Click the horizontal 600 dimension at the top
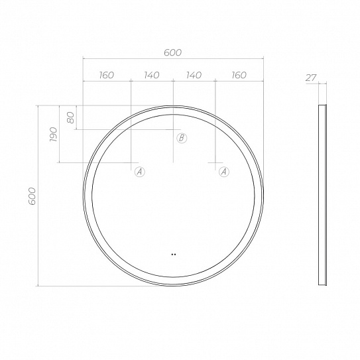[x=172, y=52]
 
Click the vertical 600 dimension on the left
[x=32, y=196]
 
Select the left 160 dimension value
[x=107, y=75]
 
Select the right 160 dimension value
[x=239, y=75]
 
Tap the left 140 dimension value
[x=152, y=75]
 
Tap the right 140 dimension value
[x=194, y=75]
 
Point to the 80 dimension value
[x=71, y=117]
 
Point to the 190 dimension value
[x=53, y=134]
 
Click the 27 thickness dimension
[x=311, y=78]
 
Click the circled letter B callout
[x=182, y=138]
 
